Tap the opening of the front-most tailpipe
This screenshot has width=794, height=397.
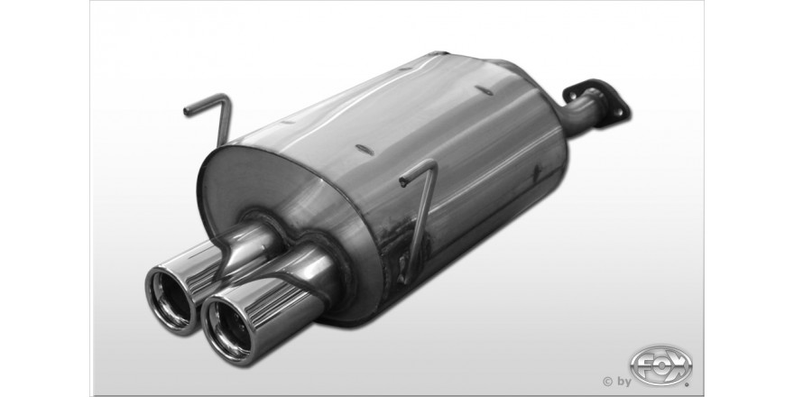[229, 329]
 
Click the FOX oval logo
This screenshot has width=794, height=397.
[660, 365]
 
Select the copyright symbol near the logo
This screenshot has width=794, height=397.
[607, 382]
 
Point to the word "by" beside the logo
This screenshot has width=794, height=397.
[623, 382]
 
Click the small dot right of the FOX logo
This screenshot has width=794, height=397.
[687, 385]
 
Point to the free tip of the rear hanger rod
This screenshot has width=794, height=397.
[187, 110]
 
